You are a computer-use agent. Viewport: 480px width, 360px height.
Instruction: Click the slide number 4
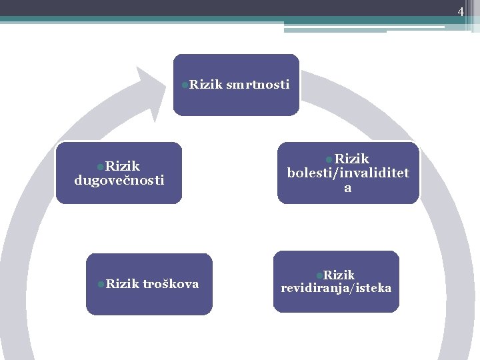[x=460, y=11]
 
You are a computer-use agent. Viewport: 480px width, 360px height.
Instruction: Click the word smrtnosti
[x=257, y=84]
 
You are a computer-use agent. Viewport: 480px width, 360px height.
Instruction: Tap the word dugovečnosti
[x=119, y=180]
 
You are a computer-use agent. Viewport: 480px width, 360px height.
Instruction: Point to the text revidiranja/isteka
[x=336, y=288]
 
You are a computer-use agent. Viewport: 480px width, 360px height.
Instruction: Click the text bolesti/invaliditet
[x=348, y=173]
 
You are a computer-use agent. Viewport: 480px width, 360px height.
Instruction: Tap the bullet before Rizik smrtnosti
[x=185, y=84]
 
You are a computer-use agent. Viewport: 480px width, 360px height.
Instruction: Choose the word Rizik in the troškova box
[x=120, y=284]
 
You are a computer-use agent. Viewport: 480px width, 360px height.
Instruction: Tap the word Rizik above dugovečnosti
[x=122, y=165]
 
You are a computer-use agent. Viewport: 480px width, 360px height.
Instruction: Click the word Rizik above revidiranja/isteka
[x=339, y=275]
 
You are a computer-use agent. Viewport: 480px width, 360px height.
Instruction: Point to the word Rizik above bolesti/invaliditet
[x=351, y=158]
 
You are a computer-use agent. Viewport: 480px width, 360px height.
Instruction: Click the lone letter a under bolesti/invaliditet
[x=347, y=188]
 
